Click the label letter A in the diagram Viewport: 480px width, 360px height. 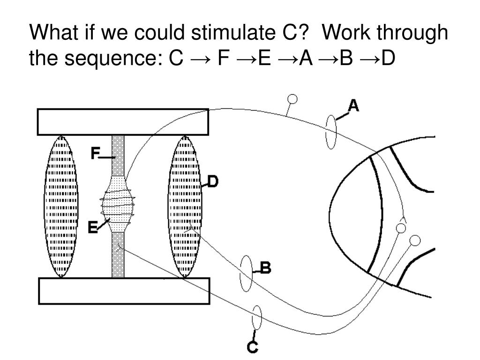[x=353, y=106]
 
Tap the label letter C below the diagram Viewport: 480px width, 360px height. [x=253, y=347]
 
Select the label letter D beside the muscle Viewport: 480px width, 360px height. [x=213, y=181]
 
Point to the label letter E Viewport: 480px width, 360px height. [x=93, y=227]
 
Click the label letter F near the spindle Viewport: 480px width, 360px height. [x=96, y=153]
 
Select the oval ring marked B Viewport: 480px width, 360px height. [x=246, y=273]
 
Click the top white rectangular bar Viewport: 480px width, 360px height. [x=123, y=121]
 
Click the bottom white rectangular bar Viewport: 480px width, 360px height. [x=124, y=291]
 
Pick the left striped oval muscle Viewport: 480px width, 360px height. [x=59, y=206]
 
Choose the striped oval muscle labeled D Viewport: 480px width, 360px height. [x=185, y=206]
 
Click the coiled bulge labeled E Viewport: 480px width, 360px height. [x=118, y=204]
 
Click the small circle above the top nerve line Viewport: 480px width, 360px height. [x=292, y=99]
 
